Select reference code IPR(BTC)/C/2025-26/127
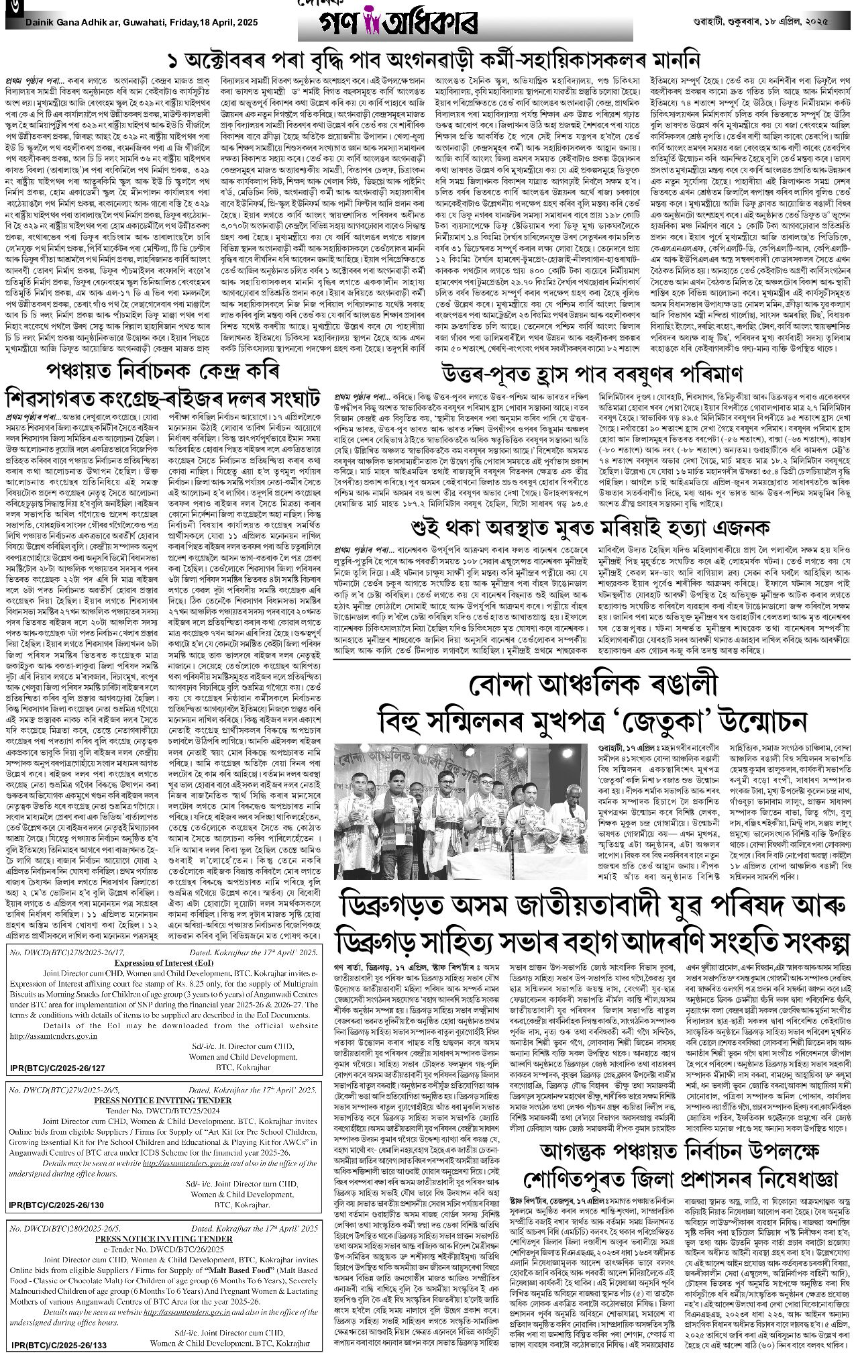[58, 1067]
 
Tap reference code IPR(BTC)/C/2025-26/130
[58, 1205]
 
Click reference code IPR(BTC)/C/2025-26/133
[58, 1344]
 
